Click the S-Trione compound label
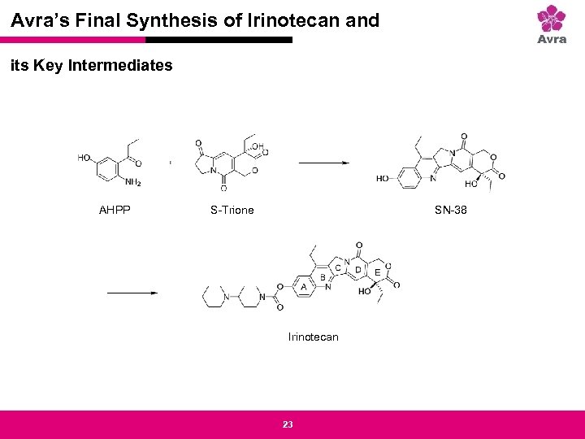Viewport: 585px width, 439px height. point(232,210)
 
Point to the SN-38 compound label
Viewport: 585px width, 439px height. point(451,210)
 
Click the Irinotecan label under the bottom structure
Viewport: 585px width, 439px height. point(313,337)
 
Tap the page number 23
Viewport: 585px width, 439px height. point(287,424)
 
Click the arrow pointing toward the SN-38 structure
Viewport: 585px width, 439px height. point(323,163)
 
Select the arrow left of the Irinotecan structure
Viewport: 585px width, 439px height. point(130,293)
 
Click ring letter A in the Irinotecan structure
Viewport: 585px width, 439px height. point(303,287)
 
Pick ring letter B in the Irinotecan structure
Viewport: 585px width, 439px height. point(323,278)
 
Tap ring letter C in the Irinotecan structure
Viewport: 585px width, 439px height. point(338,268)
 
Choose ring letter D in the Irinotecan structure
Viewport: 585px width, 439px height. point(357,270)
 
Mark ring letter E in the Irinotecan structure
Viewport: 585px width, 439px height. point(377,272)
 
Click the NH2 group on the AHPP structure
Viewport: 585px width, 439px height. point(133,182)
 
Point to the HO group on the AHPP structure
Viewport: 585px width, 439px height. point(85,159)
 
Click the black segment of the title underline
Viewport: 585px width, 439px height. point(219,39)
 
